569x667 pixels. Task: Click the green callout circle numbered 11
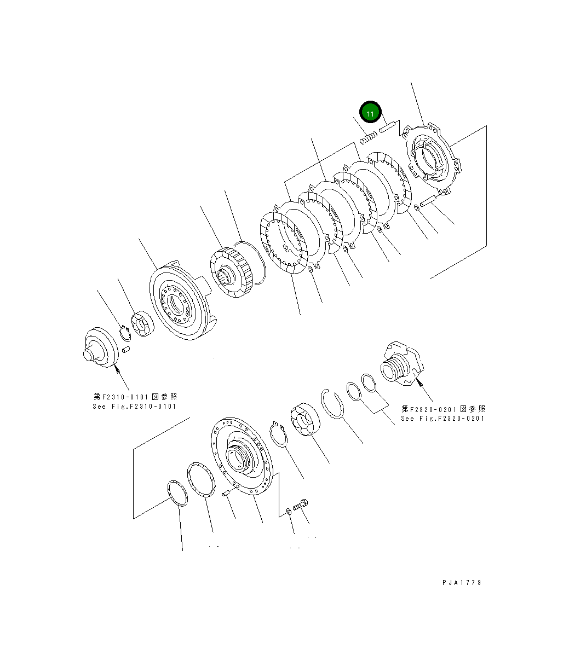pyautogui.click(x=370, y=113)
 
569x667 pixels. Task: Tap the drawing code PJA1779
pyautogui.click(x=462, y=583)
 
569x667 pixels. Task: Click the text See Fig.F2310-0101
pyautogui.click(x=135, y=406)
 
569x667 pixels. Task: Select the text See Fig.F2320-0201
pyautogui.click(x=442, y=418)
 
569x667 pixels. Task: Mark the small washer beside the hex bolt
pyautogui.click(x=288, y=512)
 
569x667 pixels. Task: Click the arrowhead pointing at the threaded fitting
pyautogui.click(x=421, y=384)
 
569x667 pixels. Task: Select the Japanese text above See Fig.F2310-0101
pyautogui.click(x=135, y=397)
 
